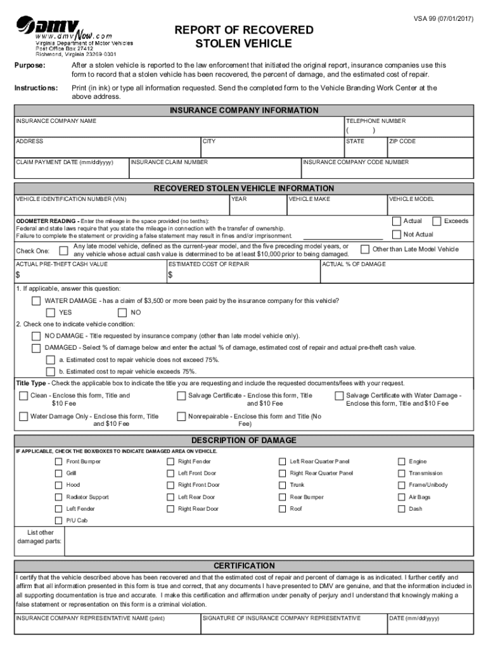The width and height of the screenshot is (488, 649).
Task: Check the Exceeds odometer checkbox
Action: click(x=437, y=221)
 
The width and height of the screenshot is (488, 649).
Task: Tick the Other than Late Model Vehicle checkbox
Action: click(x=365, y=249)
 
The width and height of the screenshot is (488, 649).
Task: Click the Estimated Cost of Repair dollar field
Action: click(x=244, y=275)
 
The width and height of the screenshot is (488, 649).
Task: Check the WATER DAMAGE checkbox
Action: click(x=36, y=300)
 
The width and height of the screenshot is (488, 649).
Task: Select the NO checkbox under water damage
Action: click(x=122, y=312)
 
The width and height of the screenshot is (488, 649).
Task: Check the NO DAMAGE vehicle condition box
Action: click(x=36, y=336)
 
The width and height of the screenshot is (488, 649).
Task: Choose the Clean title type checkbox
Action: click(x=23, y=396)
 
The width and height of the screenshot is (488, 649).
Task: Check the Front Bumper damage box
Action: click(x=59, y=461)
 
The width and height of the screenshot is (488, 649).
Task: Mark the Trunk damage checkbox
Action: click(x=283, y=485)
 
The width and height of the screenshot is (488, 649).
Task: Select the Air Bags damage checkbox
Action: click(x=401, y=497)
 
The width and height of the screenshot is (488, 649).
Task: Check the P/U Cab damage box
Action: click(x=59, y=520)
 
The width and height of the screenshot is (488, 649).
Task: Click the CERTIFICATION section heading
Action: click(x=244, y=565)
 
